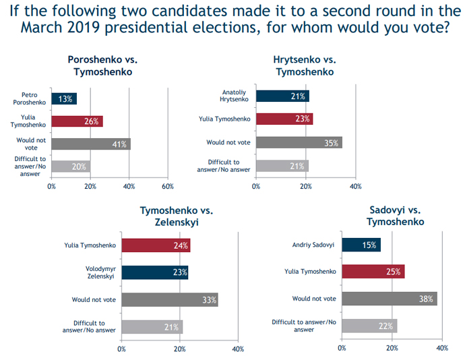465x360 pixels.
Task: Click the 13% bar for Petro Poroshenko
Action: point(64,99)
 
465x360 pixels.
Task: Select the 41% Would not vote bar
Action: point(91,144)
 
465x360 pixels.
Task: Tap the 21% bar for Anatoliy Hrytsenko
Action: point(282,96)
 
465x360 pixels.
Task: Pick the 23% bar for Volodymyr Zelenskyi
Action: point(155,273)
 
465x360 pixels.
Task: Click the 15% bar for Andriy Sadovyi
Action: point(361,244)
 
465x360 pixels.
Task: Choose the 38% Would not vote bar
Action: point(390,298)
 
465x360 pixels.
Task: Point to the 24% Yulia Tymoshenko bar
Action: point(156,245)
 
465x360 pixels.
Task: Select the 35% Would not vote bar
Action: point(298,142)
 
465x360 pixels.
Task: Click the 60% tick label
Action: point(168,186)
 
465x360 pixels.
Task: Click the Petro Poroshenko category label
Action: point(31,99)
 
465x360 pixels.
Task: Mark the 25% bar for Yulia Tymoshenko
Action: point(373,272)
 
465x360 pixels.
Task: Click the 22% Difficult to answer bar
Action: point(369,326)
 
